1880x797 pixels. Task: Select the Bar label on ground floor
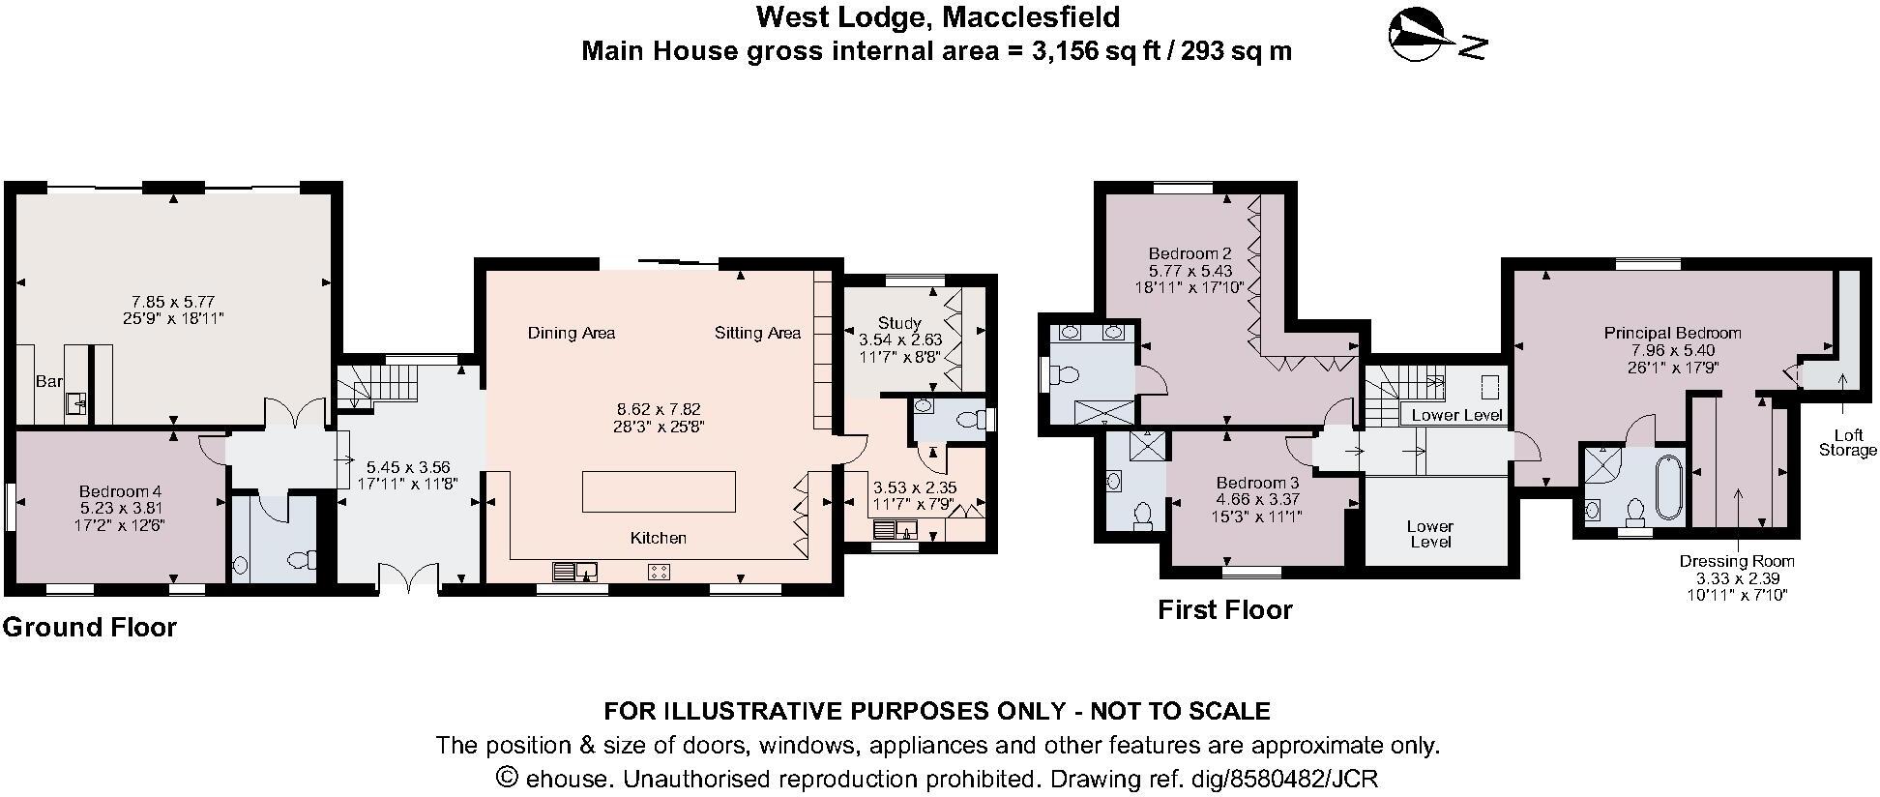pos(48,382)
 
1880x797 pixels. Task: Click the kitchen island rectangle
pos(659,491)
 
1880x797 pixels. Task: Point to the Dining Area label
pos(572,334)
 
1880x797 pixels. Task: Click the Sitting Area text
pos(757,334)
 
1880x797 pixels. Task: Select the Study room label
pos(899,323)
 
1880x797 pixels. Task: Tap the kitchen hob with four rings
pos(659,572)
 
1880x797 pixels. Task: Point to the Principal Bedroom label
pos(1672,333)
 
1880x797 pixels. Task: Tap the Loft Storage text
pos(1847,443)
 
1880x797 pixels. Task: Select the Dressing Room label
pos(1736,561)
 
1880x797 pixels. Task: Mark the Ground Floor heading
pos(90,628)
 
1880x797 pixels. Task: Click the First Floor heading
pos(1224,610)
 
